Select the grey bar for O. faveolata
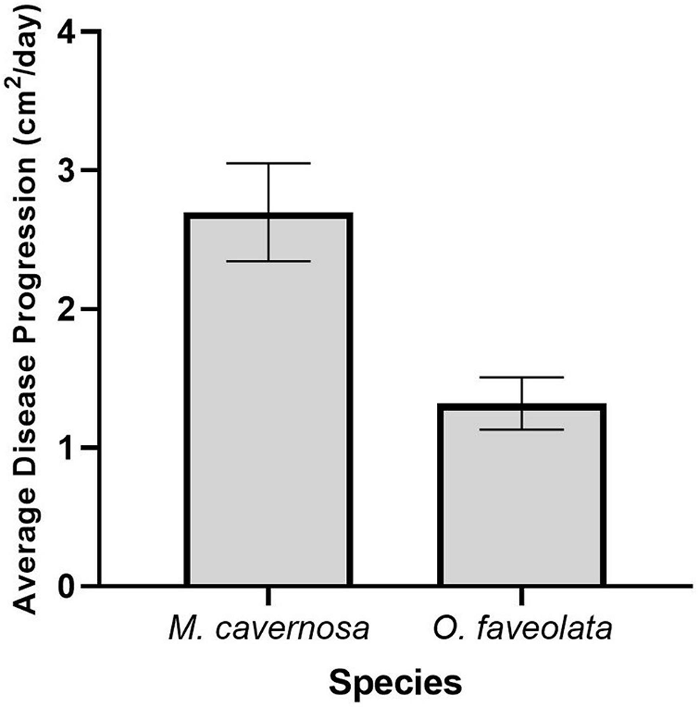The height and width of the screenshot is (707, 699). [x=521, y=503]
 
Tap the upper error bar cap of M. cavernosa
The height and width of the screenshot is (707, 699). [x=268, y=163]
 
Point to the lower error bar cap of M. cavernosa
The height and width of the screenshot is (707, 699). [x=268, y=261]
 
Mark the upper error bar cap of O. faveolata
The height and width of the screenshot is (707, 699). [x=521, y=377]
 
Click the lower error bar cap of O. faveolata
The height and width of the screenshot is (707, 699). [x=521, y=430]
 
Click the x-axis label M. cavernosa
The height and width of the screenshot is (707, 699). [x=268, y=630]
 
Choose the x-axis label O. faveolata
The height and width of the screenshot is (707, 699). [x=521, y=630]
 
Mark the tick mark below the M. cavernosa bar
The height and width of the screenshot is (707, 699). [x=268, y=596]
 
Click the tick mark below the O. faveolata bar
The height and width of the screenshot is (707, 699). [x=521, y=596]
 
